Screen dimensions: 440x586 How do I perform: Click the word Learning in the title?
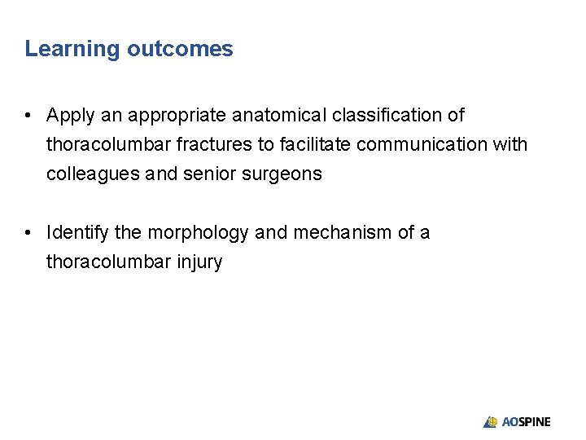click(x=72, y=49)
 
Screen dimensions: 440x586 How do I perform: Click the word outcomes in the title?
click(x=180, y=49)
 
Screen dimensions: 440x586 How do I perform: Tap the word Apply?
click(x=69, y=116)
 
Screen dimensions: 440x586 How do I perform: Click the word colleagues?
click(x=85, y=174)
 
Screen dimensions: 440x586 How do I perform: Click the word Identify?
click(x=78, y=233)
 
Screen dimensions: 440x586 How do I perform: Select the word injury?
click(x=199, y=262)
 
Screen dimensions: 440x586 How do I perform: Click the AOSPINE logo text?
click(x=526, y=422)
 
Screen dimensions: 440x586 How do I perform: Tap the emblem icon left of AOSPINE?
click(x=490, y=422)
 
